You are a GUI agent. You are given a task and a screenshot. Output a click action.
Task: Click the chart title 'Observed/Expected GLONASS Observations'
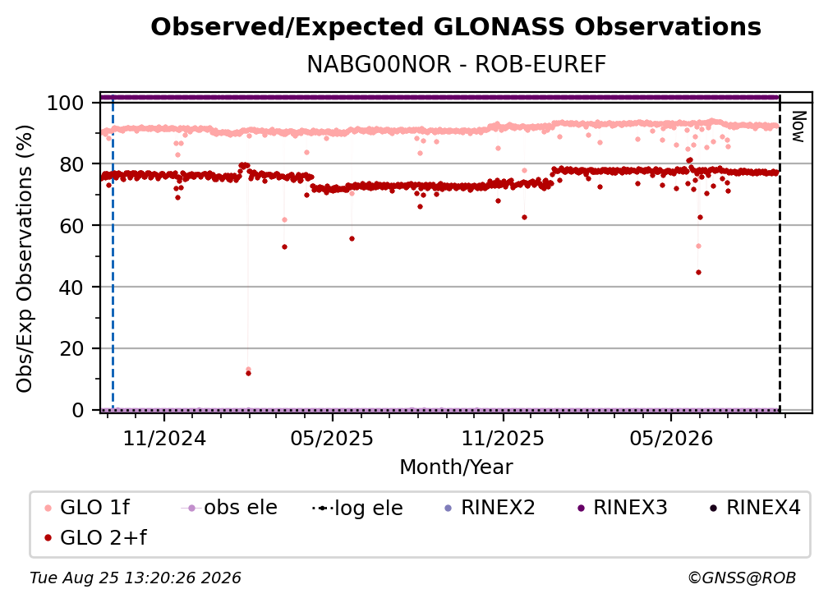coord(456,27)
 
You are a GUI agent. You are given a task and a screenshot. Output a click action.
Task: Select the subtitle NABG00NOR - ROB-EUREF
coord(456,65)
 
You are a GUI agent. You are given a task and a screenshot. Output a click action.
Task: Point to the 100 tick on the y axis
coord(66,103)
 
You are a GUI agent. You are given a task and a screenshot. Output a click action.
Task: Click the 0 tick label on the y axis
coord(78,410)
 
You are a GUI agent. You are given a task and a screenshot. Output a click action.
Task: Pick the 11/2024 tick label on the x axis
coord(164,438)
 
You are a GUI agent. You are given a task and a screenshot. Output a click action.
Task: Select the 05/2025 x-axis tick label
coord(332,438)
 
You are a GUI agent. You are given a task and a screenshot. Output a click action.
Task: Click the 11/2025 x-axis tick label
coord(503,438)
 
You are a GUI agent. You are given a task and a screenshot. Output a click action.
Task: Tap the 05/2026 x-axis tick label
coord(670,438)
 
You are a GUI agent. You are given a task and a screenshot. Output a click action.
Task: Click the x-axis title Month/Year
coord(456,467)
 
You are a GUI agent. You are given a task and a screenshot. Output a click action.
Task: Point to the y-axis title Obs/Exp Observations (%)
coord(25,258)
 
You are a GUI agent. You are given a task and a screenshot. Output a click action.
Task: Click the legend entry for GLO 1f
coord(87,508)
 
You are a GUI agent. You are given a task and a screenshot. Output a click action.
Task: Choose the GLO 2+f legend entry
coord(95,538)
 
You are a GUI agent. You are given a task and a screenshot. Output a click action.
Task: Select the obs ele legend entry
coord(229,508)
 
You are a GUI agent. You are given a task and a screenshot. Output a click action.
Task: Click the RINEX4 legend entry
coord(755,508)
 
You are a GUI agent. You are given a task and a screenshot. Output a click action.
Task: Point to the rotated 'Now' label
coord(798,127)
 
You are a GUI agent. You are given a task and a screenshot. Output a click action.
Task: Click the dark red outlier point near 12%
coord(248,373)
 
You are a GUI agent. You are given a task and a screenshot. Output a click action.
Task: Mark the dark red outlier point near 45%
coord(698,273)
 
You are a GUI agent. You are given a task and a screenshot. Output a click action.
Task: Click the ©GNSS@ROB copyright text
coord(742,578)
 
